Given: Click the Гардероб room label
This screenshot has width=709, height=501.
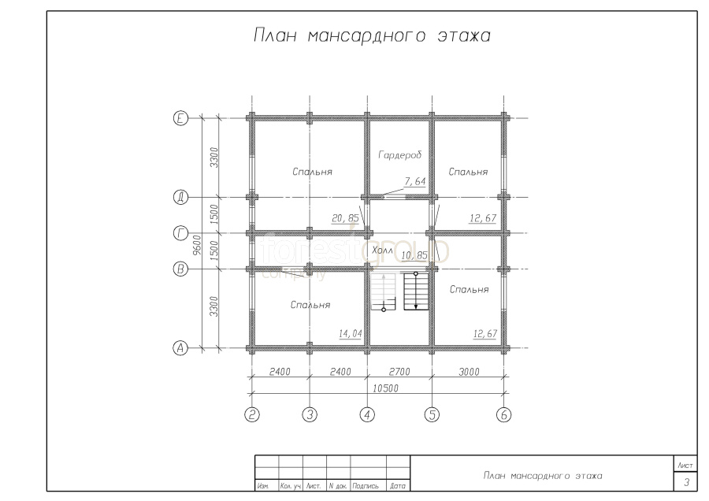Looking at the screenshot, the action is pyautogui.click(x=400, y=155).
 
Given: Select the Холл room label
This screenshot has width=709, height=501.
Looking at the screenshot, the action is pyautogui.click(x=382, y=250).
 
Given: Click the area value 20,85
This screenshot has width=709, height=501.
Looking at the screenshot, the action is pyautogui.click(x=345, y=218).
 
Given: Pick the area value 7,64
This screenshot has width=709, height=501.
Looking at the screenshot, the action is pyautogui.click(x=415, y=181).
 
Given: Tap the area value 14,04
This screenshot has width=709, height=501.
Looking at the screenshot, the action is pyautogui.click(x=351, y=334).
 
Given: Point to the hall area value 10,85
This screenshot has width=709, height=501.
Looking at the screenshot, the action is pyautogui.click(x=414, y=255).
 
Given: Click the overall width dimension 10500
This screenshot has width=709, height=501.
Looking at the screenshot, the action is pyautogui.click(x=385, y=388).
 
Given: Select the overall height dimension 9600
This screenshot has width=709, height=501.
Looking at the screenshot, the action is pyautogui.click(x=197, y=245).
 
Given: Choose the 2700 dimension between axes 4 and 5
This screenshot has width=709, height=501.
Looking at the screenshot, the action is pyautogui.click(x=399, y=372).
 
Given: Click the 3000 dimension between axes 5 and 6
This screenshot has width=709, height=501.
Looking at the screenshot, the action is pyautogui.click(x=469, y=372).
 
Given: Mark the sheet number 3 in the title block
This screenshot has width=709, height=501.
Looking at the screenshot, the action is pyautogui.click(x=686, y=482).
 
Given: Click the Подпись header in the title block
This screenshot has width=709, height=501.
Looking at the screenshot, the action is pyautogui.click(x=365, y=486).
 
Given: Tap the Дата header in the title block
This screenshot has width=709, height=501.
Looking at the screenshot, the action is pyautogui.click(x=398, y=486).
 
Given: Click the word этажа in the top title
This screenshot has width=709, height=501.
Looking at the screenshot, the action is pyautogui.click(x=464, y=35).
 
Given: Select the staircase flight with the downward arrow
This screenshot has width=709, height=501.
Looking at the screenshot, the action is pyautogui.click(x=415, y=291).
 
